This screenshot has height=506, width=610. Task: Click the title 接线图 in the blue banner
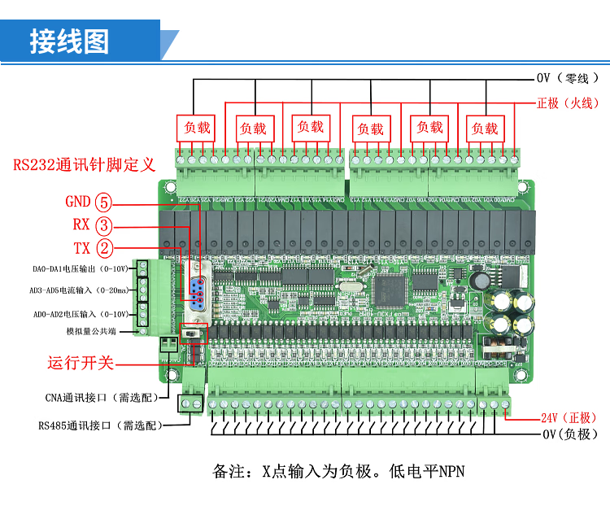pos(68,41)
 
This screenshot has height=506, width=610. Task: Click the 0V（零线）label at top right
pos(568,78)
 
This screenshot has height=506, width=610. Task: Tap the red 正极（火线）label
pos(568,103)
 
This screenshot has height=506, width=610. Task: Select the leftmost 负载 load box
pos(196,128)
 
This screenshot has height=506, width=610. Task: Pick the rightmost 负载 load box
pos(485,128)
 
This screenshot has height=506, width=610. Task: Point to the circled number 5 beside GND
pos(103,203)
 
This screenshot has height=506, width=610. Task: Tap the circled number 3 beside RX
pos(103,225)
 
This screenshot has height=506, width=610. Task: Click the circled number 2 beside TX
pos(103,248)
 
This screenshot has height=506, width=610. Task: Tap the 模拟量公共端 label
pos(90,332)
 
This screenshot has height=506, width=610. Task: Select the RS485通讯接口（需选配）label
pos(99,425)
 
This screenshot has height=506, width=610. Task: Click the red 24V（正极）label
pos(569,418)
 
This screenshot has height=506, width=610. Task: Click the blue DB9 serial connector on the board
pos(195,289)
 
